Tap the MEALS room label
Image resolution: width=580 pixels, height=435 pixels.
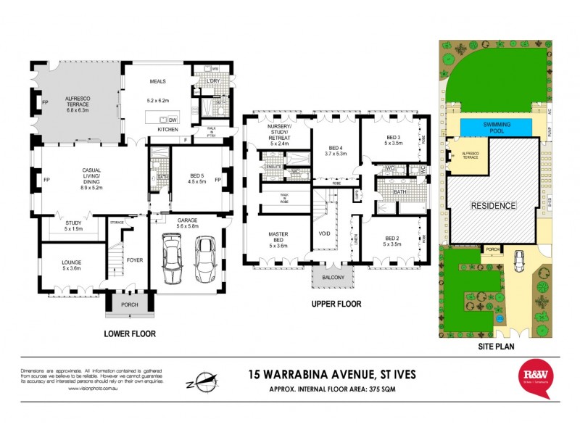[158, 82]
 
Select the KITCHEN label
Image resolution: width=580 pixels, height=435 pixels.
[167, 130]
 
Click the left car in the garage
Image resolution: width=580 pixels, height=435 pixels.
[173, 262]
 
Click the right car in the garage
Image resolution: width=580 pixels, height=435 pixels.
[204, 262]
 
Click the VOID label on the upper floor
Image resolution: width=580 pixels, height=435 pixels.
[324, 233]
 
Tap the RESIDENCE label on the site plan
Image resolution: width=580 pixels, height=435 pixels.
[494, 205]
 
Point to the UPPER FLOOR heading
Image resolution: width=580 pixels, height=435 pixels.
[336, 304]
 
